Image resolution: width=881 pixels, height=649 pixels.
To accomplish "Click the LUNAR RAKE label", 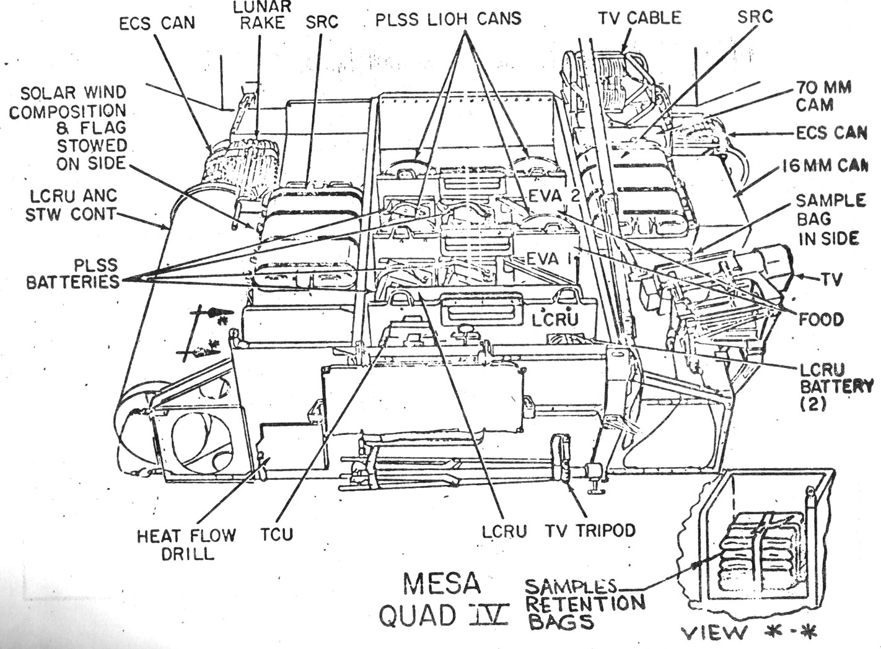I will tap(260, 15).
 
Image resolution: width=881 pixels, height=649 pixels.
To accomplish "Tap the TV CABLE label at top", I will tap(639, 18).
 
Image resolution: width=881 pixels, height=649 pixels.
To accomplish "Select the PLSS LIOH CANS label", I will tap(448, 19).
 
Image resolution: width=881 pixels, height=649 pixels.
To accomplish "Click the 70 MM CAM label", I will tap(823, 96).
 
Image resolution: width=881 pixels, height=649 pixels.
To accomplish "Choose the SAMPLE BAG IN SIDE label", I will tap(830, 219).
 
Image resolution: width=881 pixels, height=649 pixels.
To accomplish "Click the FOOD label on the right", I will tap(821, 320).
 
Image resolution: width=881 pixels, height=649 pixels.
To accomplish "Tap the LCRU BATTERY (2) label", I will tap(836, 387).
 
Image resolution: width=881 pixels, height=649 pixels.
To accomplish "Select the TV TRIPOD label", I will tap(590, 531).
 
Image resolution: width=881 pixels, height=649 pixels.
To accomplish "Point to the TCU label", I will tap(277, 533).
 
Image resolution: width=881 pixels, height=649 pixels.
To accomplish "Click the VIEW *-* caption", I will tap(748, 632).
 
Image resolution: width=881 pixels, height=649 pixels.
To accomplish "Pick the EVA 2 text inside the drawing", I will tap(554, 196).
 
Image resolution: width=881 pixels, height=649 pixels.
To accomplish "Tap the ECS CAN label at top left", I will tap(157, 23).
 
